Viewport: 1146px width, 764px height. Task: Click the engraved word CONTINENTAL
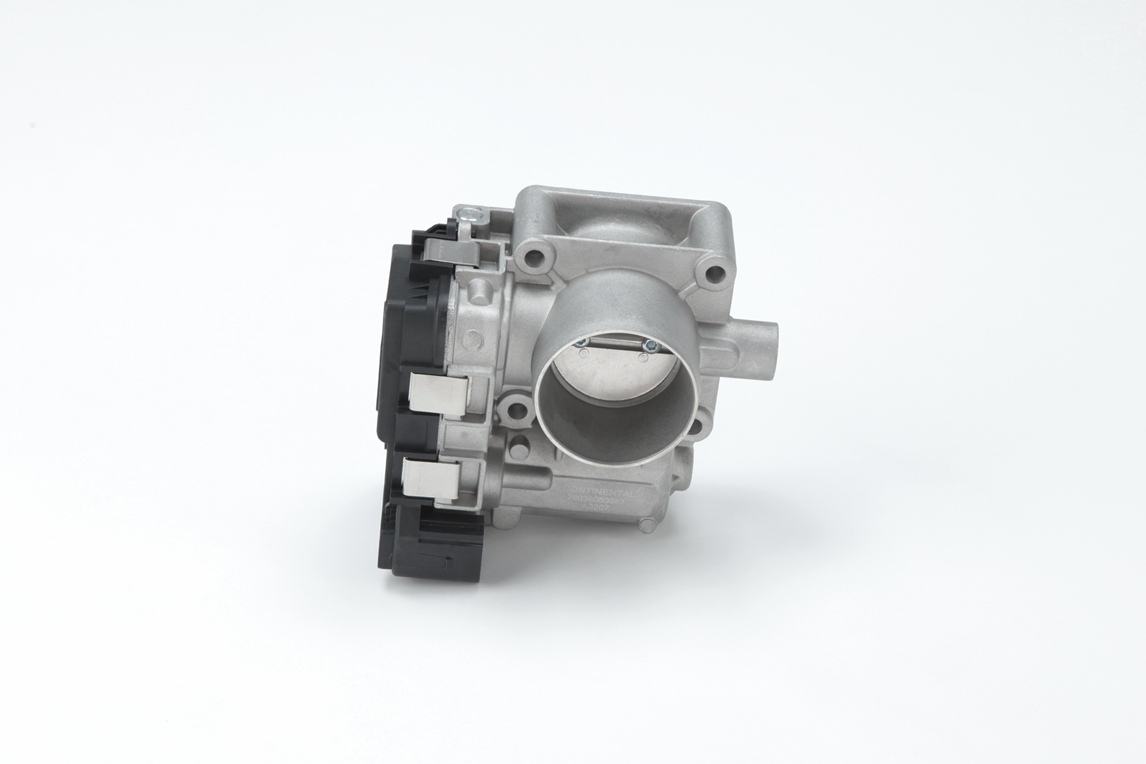click(x=597, y=493)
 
